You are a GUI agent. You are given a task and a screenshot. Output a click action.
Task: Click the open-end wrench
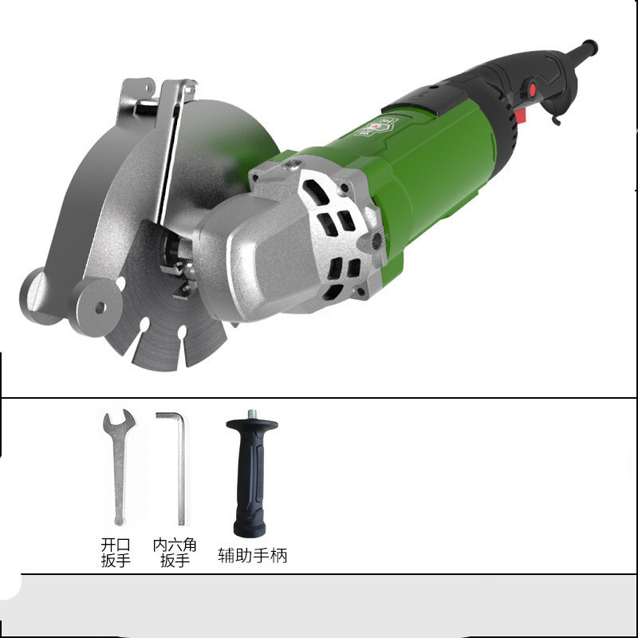pos(118,468)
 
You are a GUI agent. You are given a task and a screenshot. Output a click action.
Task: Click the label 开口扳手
pos(116,553)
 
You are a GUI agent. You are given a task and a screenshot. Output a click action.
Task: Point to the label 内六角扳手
pos(175,553)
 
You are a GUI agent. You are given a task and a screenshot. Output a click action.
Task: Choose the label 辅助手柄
pos(253,555)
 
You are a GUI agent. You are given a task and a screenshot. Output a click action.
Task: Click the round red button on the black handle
pos(532,89)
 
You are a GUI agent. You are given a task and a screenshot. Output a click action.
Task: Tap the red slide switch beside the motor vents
pos(522,115)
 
